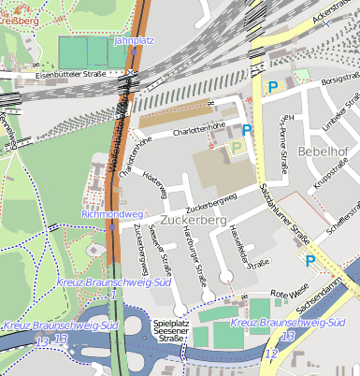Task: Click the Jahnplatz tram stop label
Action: pyautogui.click(x=133, y=41)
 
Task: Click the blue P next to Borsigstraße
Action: pyautogui.click(x=273, y=87)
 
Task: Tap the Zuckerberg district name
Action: pyautogui.click(x=194, y=220)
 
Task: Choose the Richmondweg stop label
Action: pyautogui.click(x=110, y=214)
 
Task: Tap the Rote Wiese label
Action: pyautogui.click(x=290, y=295)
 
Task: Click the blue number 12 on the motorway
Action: pyautogui.click(x=270, y=354)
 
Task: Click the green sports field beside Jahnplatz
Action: pyautogui.click(x=92, y=52)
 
